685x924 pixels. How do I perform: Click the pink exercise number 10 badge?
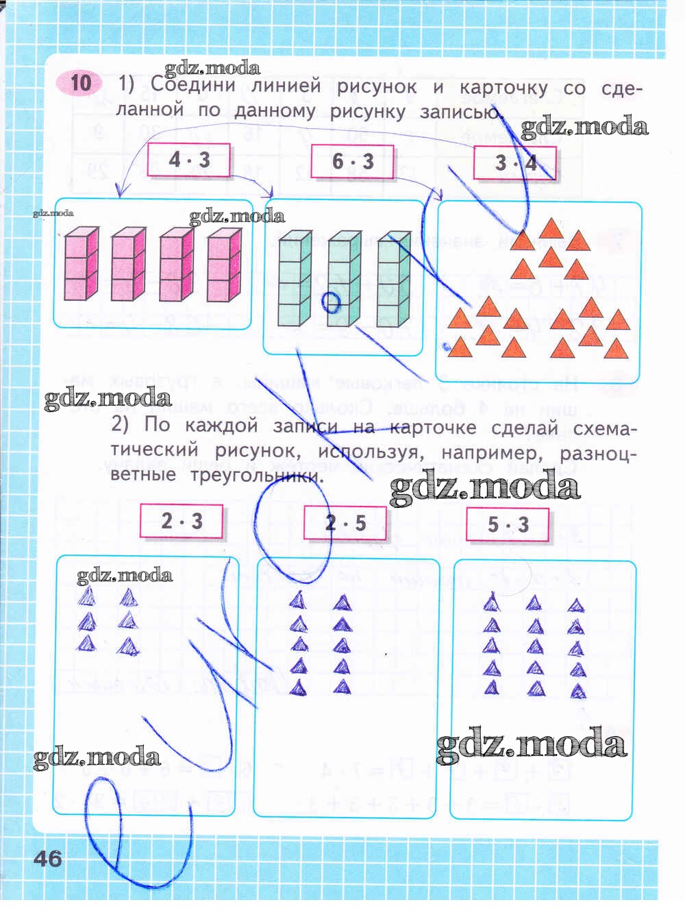80,83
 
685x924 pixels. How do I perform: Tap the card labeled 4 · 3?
188,160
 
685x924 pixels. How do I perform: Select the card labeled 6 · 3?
353,162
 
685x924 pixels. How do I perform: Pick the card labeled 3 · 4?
515,163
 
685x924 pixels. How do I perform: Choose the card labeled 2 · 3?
182,521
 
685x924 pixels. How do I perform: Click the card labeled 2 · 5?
345,524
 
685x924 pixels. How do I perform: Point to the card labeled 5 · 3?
508,524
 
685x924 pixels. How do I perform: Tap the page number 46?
47,858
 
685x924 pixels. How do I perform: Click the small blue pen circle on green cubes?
331,302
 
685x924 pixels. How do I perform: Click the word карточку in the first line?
503,88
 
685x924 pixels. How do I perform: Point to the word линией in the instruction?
286,86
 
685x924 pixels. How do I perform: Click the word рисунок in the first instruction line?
376,87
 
